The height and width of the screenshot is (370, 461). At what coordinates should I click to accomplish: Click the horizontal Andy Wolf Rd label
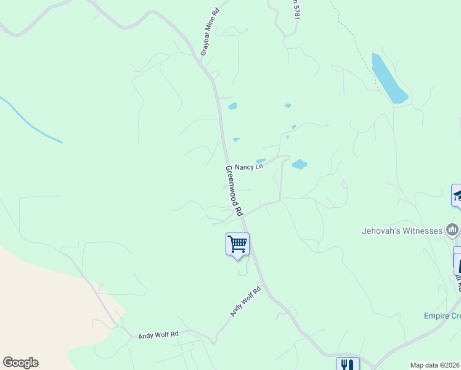[158, 335]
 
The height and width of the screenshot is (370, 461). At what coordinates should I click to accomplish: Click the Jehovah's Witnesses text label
[402, 231]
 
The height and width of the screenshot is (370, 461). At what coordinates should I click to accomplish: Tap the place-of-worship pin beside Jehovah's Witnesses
[453, 231]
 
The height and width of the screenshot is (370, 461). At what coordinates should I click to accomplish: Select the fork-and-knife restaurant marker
[348, 364]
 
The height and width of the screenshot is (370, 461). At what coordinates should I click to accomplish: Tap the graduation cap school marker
[457, 195]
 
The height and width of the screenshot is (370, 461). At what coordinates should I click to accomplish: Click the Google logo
[20, 363]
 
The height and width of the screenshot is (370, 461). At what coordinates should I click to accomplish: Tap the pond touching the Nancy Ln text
[261, 162]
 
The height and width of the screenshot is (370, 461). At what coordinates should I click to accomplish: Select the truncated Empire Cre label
[442, 316]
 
